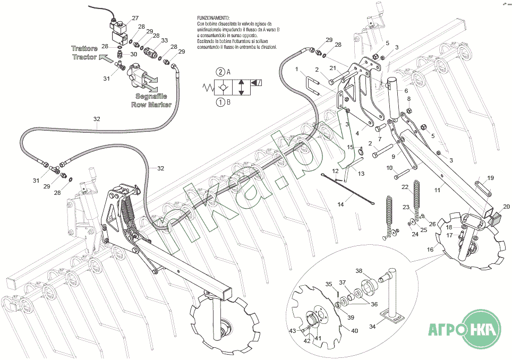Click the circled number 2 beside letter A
(x=219, y=72)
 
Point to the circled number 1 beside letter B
(x=219, y=102)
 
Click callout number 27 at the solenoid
(x=135, y=18)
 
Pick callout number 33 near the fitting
(x=164, y=40)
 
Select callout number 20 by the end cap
(x=506, y=206)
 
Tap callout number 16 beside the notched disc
(x=430, y=248)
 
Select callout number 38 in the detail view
(x=359, y=271)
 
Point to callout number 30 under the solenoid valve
(x=133, y=54)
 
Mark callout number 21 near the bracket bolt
(x=333, y=68)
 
